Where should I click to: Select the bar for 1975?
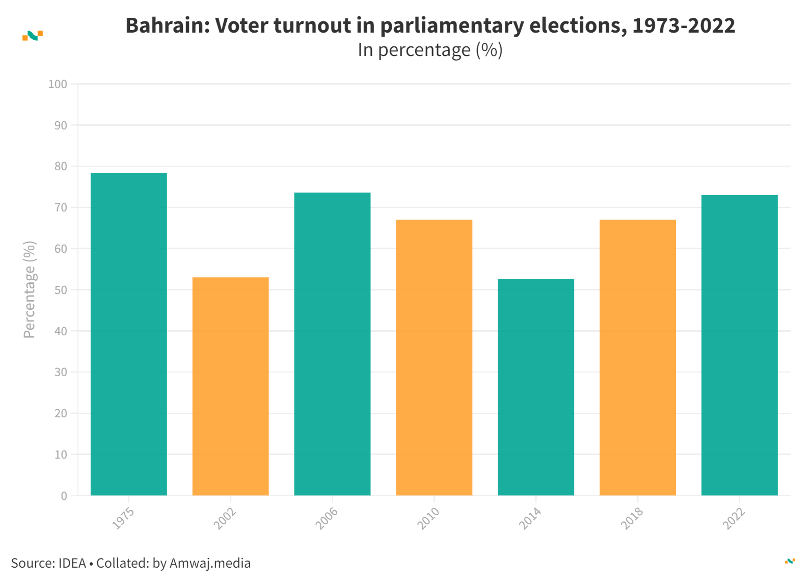pyautogui.click(x=128, y=334)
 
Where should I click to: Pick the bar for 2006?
pyautogui.click(x=332, y=344)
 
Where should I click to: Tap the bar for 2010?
pyautogui.click(x=434, y=357)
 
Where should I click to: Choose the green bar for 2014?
pyautogui.click(x=536, y=387)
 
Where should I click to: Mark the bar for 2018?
pyautogui.click(x=638, y=357)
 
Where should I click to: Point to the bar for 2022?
pyautogui.click(x=740, y=345)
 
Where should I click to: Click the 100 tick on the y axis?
pyautogui.click(x=58, y=84)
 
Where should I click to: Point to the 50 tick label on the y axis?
pyautogui.click(x=61, y=290)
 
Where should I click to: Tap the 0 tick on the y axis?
pyautogui.click(x=64, y=496)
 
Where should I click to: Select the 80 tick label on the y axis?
pyautogui.click(x=61, y=167)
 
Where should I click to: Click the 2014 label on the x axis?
pyautogui.click(x=530, y=518)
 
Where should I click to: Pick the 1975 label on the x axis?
pyautogui.click(x=123, y=518)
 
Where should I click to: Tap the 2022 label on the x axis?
pyautogui.click(x=734, y=518)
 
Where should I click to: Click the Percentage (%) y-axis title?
pyautogui.click(x=30, y=289)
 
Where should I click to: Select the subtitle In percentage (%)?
pyautogui.click(x=430, y=50)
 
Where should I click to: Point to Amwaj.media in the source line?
pyautogui.click(x=210, y=563)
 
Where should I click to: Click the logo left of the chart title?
pyautogui.click(x=33, y=36)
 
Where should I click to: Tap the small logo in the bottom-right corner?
pyautogui.click(x=790, y=561)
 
